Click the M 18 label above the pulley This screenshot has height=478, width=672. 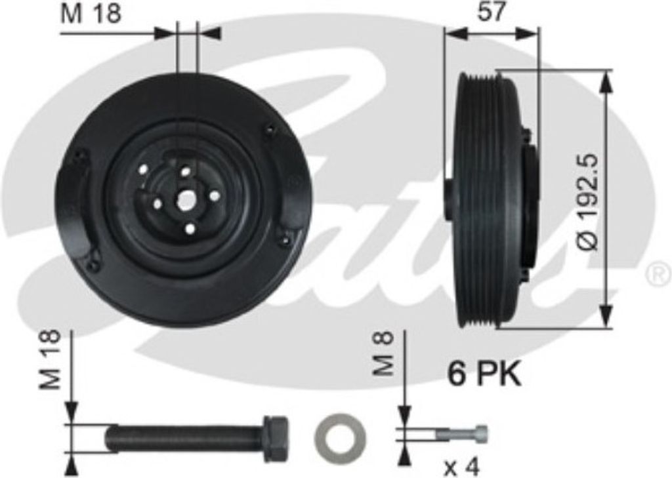point(91,14)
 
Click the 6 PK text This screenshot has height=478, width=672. point(484,374)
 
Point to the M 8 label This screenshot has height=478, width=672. point(383,354)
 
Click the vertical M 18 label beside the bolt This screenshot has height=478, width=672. point(50,359)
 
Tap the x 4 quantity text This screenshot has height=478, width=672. point(461,467)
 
